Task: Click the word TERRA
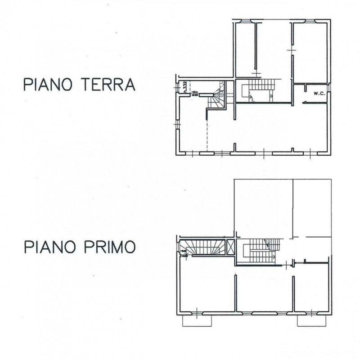[108, 85]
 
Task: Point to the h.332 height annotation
[185, 85]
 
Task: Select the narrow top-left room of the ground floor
[245, 49]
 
